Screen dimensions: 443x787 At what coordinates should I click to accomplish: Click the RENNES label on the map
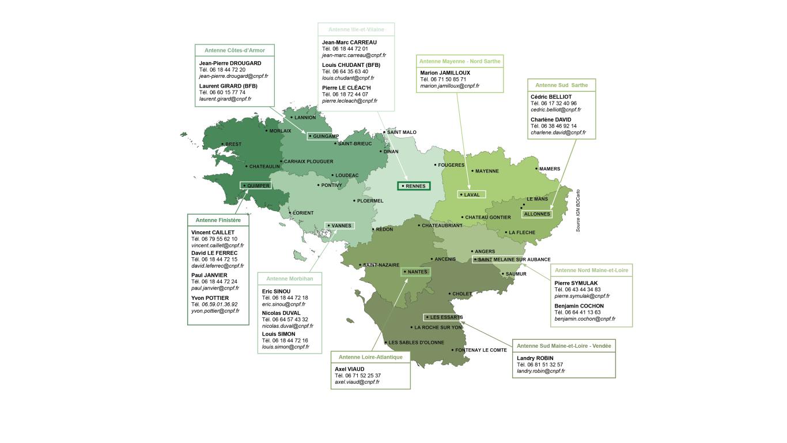(x=415, y=186)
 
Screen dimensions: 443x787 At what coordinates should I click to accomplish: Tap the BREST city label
(x=233, y=144)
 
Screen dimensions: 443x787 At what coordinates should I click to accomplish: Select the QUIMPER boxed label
(x=258, y=186)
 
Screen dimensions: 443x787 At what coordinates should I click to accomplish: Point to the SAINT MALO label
(x=402, y=133)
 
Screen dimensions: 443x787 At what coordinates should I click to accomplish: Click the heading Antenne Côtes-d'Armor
(x=234, y=51)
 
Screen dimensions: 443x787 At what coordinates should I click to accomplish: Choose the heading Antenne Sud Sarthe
(x=561, y=85)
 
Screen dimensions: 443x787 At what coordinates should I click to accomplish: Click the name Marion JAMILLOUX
(x=445, y=73)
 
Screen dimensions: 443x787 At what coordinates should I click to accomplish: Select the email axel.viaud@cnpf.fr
(x=357, y=382)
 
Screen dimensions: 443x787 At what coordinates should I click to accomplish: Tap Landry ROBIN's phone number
(x=540, y=365)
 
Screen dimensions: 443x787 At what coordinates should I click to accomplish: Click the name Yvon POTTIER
(x=210, y=298)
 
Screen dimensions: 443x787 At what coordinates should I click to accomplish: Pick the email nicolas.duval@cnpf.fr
(x=287, y=326)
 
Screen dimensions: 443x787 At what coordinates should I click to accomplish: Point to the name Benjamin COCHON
(x=579, y=306)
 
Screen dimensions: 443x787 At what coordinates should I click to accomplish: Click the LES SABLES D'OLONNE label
(x=416, y=343)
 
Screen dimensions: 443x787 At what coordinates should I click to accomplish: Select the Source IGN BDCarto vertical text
(x=578, y=211)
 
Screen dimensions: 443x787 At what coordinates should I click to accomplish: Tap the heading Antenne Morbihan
(x=289, y=279)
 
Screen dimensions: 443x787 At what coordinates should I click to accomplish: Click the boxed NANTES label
(x=417, y=272)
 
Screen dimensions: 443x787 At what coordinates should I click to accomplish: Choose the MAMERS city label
(x=549, y=169)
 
